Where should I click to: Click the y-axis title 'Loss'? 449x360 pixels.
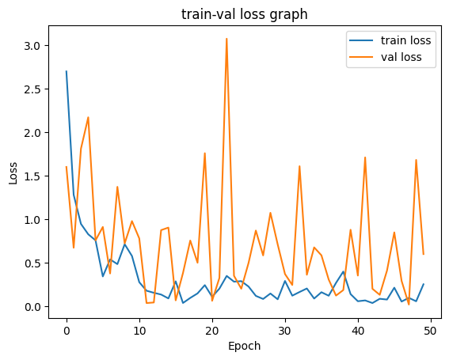13,174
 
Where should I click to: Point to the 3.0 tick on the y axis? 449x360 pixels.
38,46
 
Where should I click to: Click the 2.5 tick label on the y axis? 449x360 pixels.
38,89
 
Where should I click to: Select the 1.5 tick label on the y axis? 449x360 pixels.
38,176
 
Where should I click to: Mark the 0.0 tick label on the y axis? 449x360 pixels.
38,306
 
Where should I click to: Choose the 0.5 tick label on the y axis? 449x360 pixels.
38,263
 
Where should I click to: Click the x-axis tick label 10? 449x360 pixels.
139,328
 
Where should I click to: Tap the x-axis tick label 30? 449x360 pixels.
285,328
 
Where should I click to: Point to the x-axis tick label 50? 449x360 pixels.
431,328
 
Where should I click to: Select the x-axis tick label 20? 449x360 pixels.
212,328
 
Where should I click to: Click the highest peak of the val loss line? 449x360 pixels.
226,39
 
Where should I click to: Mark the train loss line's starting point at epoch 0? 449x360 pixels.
67,71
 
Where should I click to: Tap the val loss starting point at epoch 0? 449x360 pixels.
67,167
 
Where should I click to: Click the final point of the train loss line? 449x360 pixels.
424,284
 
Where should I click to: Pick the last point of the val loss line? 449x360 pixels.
424,254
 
